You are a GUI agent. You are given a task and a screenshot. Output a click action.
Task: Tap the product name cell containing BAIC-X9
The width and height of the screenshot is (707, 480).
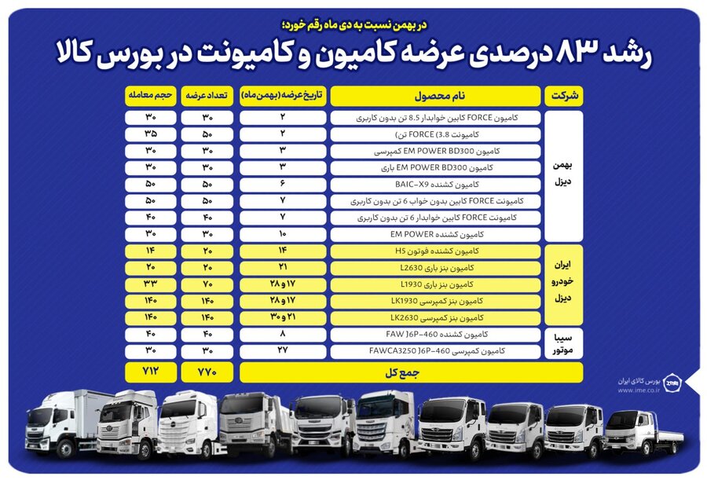point(434,185)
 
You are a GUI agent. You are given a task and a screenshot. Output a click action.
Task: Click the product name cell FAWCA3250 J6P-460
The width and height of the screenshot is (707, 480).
point(434,352)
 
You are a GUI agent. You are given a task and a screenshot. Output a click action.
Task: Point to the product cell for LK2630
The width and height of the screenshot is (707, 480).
point(434,318)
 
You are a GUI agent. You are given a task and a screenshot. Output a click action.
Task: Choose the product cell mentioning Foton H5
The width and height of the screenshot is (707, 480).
point(434,251)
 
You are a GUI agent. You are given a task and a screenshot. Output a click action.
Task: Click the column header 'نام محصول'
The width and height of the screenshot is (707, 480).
point(434,96)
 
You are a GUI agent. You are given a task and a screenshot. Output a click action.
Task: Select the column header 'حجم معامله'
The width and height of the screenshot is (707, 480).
point(150,96)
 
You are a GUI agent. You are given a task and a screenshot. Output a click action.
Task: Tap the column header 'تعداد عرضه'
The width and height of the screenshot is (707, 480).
point(207,96)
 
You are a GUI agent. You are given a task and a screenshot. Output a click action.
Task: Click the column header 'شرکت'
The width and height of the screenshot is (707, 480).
point(564,96)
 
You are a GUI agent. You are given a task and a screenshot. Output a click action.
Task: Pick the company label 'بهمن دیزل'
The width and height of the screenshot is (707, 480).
point(564,175)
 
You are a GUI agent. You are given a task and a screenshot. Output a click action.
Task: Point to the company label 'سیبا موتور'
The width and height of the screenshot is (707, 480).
point(564,343)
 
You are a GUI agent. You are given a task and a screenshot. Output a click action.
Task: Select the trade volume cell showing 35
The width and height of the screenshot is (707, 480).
point(150,134)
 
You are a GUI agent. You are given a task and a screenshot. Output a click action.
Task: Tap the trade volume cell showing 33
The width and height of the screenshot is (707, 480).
point(150,284)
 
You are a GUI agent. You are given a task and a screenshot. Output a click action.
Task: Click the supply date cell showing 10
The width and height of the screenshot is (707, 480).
point(283,234)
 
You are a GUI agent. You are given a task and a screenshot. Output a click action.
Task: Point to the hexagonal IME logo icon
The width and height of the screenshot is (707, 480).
point(672,383)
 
